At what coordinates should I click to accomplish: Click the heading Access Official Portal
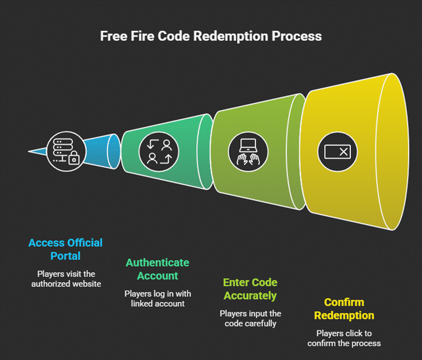coord(66,249)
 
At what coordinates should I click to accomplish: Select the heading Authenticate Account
coord(157,269)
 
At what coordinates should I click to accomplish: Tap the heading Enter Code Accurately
coord(250,289)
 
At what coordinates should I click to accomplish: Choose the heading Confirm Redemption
coord(344,309)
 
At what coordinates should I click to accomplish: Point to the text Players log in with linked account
coord(157,298)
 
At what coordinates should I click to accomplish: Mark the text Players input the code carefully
coord(250,319)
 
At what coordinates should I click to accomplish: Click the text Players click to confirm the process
coord(344,338)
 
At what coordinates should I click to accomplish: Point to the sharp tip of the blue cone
coord(29,151)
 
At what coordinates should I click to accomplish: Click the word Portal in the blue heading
coord(66,256)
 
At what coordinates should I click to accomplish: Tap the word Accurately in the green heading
coord(250,296)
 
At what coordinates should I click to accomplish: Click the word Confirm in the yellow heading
coord(344,302)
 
